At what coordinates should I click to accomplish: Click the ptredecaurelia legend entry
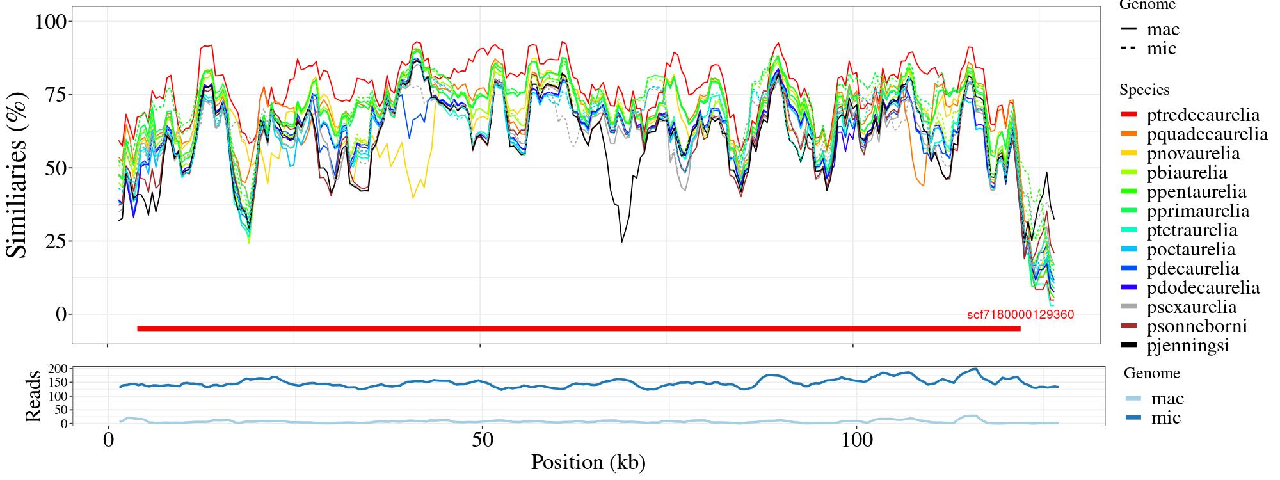[1203, 115]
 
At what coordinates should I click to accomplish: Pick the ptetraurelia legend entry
[1192, 230]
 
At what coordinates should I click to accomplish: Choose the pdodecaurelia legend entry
[1203, 288]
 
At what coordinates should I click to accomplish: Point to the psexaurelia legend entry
[1192, 307]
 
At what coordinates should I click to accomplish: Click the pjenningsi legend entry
[1188, 346]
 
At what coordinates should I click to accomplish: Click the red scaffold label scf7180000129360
[1020, 315]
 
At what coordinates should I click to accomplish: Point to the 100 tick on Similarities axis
[51, 22]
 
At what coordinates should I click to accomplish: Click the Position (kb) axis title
[588, 462]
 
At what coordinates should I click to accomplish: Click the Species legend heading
[1144, 90]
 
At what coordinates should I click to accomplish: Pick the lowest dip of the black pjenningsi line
[621, 241]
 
